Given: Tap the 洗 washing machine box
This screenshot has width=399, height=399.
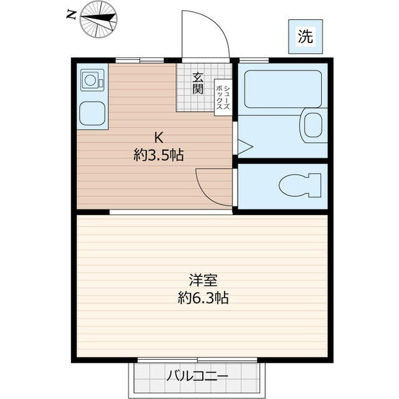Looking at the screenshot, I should pyautogui.click(x=305, y=36).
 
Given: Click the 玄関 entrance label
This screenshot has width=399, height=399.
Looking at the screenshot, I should pyautogui.click(x=198, y=83).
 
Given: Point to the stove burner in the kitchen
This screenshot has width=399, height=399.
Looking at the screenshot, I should pyautogui.click(x=91, y=80).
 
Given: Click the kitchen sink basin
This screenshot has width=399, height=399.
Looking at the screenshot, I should pyautogui.click(x=92, y=113).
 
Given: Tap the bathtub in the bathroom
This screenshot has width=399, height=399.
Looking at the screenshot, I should pyautogui.click(x=282, y=89).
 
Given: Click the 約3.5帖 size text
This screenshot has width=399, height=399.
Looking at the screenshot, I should pyautogui.click(x=158, y=155).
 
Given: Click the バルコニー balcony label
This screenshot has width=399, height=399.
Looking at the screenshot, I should pyautogui.click(x=197, y=376).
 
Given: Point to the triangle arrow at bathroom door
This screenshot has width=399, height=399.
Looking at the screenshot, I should pyautogui.click(x=244, y=148).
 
